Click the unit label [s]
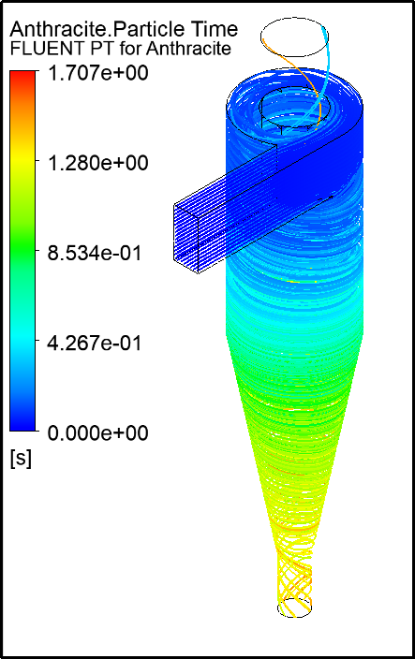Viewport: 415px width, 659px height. (x=19, y=460)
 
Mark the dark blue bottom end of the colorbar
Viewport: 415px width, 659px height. (x=22, y=423)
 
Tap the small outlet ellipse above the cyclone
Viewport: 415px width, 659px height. (x=295, y=37)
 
